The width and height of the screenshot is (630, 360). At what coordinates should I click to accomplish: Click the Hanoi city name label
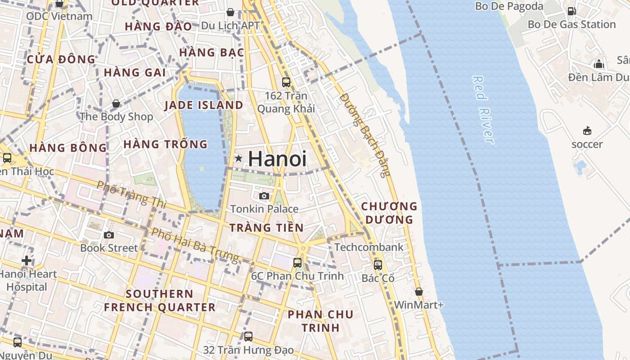pos(277,159)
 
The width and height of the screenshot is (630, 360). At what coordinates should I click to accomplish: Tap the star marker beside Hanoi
pos(238,158)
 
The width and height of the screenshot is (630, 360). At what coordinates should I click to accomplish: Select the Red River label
pos(484,110)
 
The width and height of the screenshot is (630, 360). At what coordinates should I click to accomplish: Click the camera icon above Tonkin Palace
pos(264,196)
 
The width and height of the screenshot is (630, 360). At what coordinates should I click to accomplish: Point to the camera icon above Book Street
pos(108,235)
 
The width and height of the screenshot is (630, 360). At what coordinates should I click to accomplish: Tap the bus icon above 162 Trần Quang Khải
pos(286,82)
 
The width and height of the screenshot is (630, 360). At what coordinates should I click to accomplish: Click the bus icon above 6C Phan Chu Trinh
pos(297,262)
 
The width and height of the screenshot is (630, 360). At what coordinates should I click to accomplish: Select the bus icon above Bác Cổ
pos(378,265)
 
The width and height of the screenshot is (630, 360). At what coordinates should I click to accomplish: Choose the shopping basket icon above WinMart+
pos(418,292)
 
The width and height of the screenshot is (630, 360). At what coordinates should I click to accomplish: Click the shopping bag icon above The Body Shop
pos(116,104)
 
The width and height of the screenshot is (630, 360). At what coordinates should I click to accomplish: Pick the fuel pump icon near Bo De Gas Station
pos(571,11)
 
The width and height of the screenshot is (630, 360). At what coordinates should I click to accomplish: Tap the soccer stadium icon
pos(587,131)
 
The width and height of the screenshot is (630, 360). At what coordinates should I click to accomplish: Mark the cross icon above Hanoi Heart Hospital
pos(27,261)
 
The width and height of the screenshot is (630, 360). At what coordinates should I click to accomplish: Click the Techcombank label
pos(369,247)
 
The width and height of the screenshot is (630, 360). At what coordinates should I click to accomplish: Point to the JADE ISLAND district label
pos(203,105)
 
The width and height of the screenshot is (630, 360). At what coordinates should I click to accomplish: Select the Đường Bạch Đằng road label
pos(365,134)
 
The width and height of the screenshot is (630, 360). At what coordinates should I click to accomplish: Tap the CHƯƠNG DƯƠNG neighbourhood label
pos(389,213)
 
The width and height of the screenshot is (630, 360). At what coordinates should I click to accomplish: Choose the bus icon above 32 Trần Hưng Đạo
pos(248,336)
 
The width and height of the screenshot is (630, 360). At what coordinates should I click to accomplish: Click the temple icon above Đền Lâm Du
pos(598,64)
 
